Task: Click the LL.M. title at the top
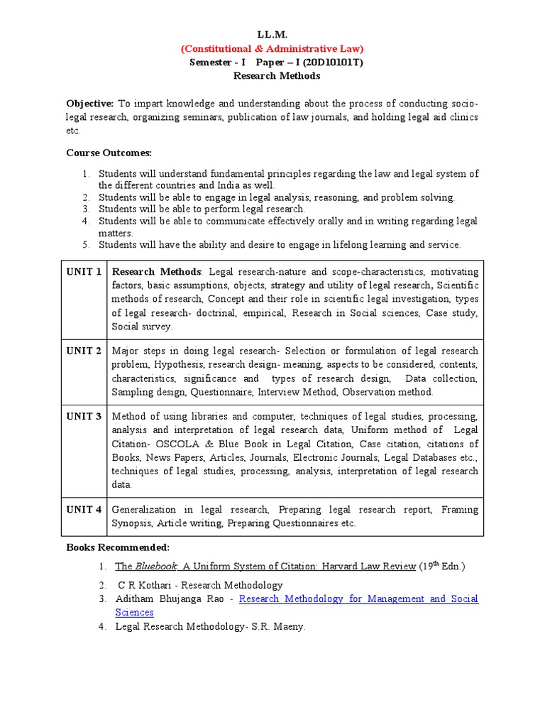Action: [x=272, y=35]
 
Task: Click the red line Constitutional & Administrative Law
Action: [x=272, y=48]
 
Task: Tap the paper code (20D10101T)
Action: [x=322, y=62]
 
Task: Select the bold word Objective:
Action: [x=90, y=103]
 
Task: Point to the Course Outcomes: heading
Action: [x=109, y=153]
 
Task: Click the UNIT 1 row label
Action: [x=84, y=272]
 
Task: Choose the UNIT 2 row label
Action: [x=84, y=351]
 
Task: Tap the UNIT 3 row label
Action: [x=84, y=416]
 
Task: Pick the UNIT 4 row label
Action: [x=84, y=510]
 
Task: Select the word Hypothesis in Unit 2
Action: [x=174, y=364]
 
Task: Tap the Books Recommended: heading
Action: [x=118, y=547]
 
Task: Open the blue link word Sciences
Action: [x=135, y=613]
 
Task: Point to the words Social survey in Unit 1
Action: [x=142, y=327]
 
